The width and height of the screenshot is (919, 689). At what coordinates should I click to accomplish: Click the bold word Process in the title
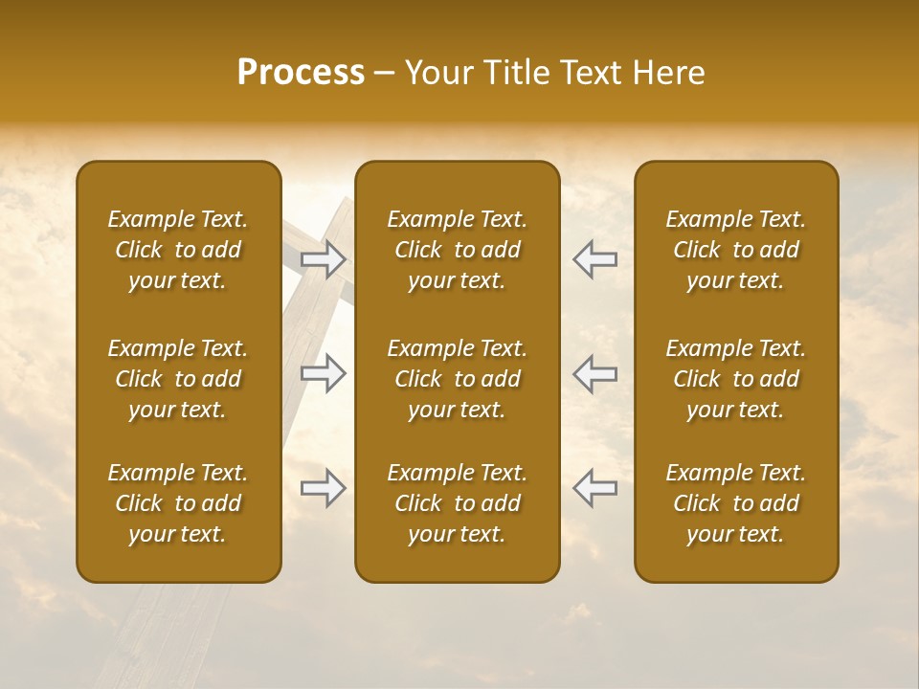point(301,73)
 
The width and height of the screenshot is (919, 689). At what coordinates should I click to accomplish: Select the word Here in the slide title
point(670,73)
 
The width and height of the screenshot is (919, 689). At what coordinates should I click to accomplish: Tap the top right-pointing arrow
point(324,258)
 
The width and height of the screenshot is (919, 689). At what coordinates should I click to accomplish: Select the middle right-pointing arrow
point(324,373)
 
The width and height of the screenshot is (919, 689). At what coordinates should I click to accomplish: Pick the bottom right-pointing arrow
point(324,488)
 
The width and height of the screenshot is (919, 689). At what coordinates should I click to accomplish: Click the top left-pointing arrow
point(594,258)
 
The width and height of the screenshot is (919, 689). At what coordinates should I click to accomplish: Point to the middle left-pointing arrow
point(594,373)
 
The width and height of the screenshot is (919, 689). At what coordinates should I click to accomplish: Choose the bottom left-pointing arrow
point(594,488)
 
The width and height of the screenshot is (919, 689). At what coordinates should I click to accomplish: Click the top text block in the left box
point(178,250)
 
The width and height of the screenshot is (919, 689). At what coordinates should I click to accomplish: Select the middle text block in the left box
point(178,379)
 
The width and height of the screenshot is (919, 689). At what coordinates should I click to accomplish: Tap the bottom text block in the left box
point(178,503)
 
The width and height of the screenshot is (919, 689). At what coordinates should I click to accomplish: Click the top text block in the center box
point(457,250)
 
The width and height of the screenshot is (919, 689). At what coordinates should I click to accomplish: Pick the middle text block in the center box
point(457,379)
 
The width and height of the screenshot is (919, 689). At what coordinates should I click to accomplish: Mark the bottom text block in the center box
point(457,503)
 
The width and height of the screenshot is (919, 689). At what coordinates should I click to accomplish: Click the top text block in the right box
point(735,250)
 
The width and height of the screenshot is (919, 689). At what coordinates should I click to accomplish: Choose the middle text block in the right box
point(735,379)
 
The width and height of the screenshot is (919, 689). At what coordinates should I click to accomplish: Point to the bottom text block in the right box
point(735,503)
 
